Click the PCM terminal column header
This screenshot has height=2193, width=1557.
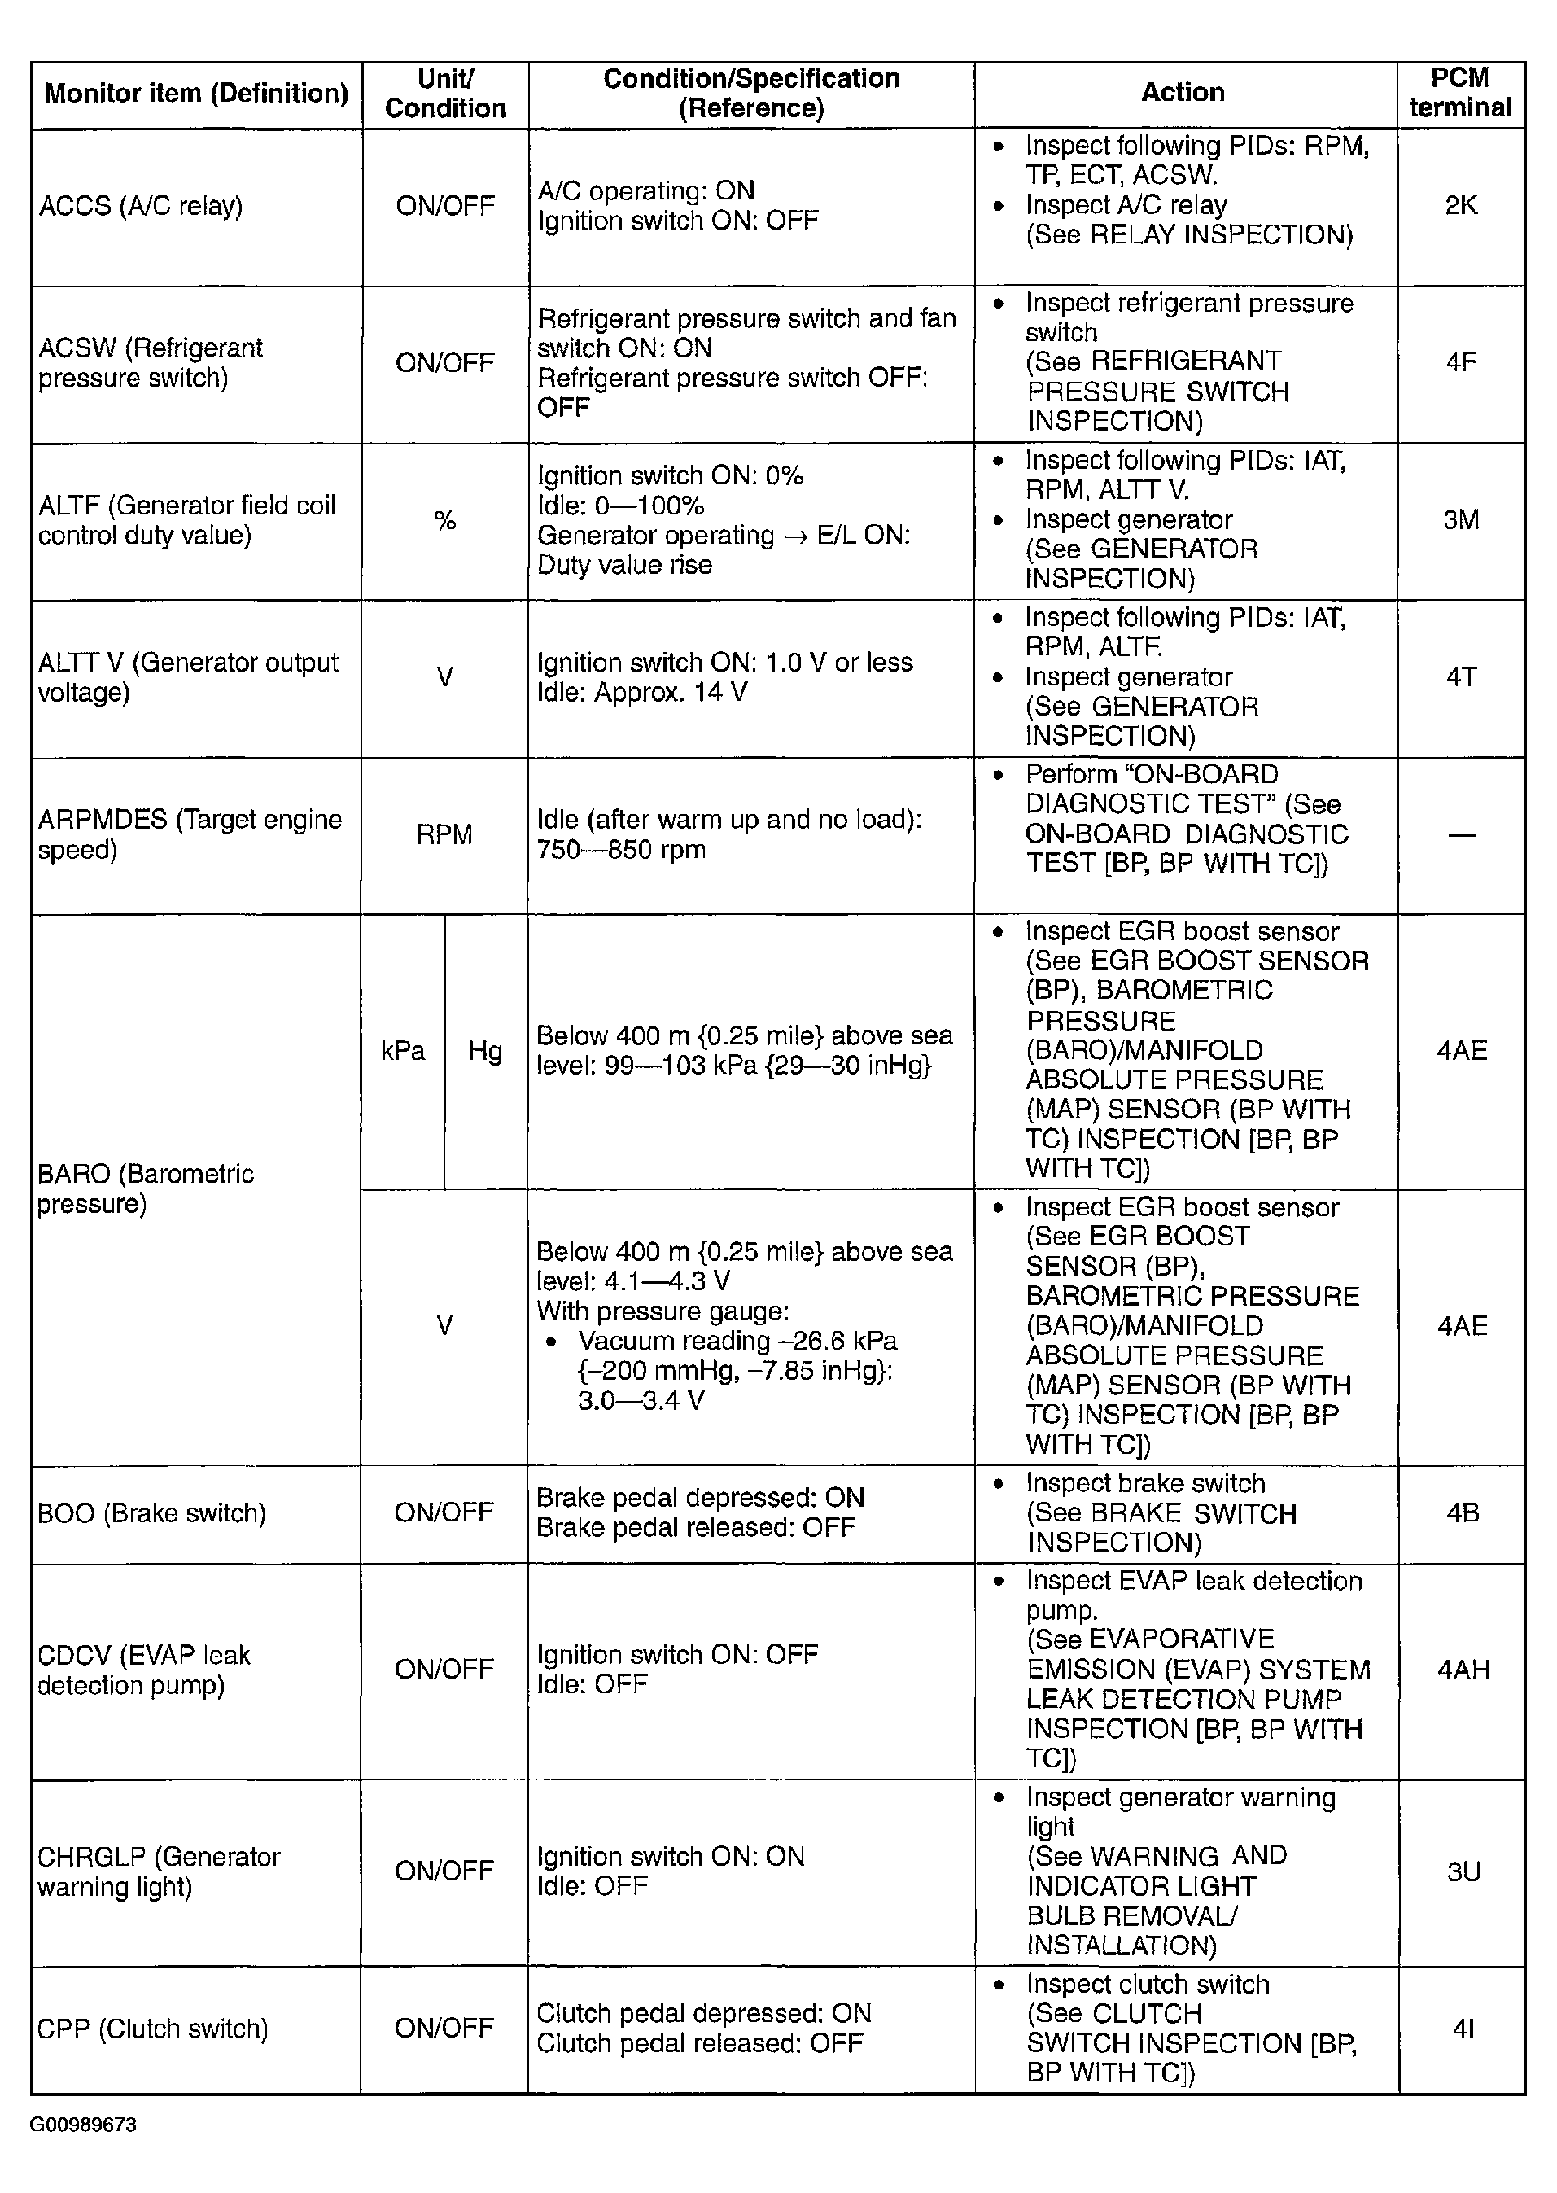(x=1459, y=93)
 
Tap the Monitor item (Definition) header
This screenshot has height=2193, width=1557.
(x=196, y=93)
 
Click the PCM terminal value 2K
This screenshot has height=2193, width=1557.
(x=1460, y=205)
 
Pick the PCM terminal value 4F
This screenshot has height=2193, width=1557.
(x=1460, y=362)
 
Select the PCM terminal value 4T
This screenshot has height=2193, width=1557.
(x=1460, y=677)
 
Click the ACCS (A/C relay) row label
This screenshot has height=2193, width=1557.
(x=141, y=206)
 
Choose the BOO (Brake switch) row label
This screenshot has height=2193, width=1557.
(x=151, y=1513)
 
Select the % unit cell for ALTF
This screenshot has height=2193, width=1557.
(x=445, y=521)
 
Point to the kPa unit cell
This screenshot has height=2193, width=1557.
(x=403, y=1051)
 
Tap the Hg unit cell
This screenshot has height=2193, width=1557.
(x=485, y=1051)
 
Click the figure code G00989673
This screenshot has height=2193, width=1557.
(x=83, y=2124)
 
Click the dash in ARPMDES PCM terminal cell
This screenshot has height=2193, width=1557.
(x=1461, y=835)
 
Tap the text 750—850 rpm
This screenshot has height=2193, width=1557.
(x=621, y=850)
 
